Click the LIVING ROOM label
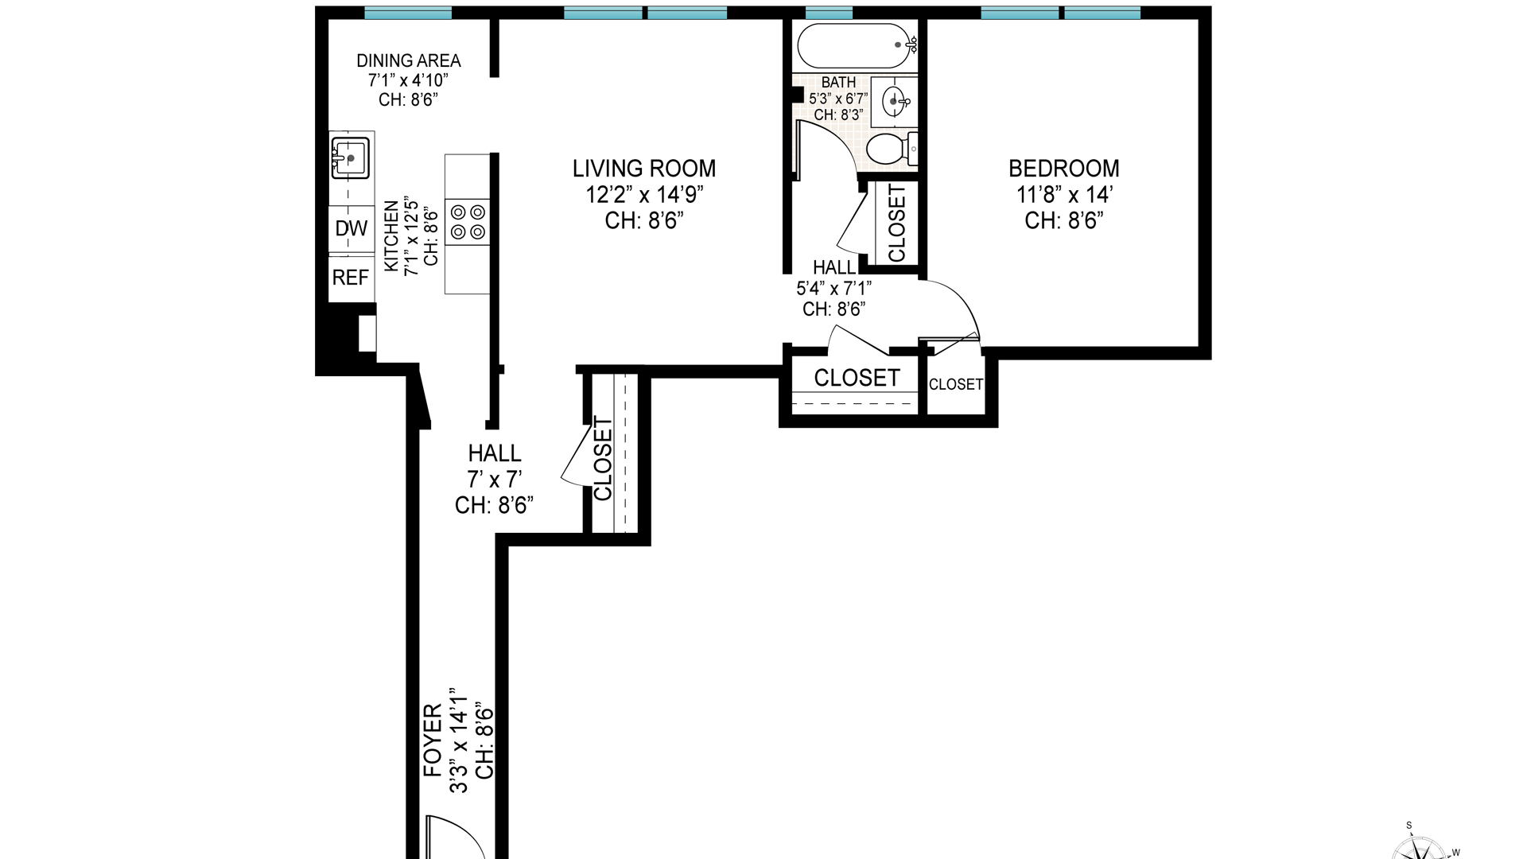tap(644, 169)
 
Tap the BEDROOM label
tap(1063, 169)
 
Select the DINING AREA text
tap(408, 60)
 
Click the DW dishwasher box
tap(352, 229)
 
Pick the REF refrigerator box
tap(352, 278)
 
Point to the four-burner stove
tap(468, 222)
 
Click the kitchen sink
tap(350, 158)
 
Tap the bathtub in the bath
tap(857, 46)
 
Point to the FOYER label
tap(433, 740)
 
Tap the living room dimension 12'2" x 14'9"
tap(644, 194)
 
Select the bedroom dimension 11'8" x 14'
tap(1063, 194)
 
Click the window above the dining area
tap(408, 13)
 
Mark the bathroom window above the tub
tap(829, 13)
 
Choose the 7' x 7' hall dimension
tap(494, 480)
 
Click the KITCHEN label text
tap(391, 236)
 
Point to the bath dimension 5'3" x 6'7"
tap(838, 99)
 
